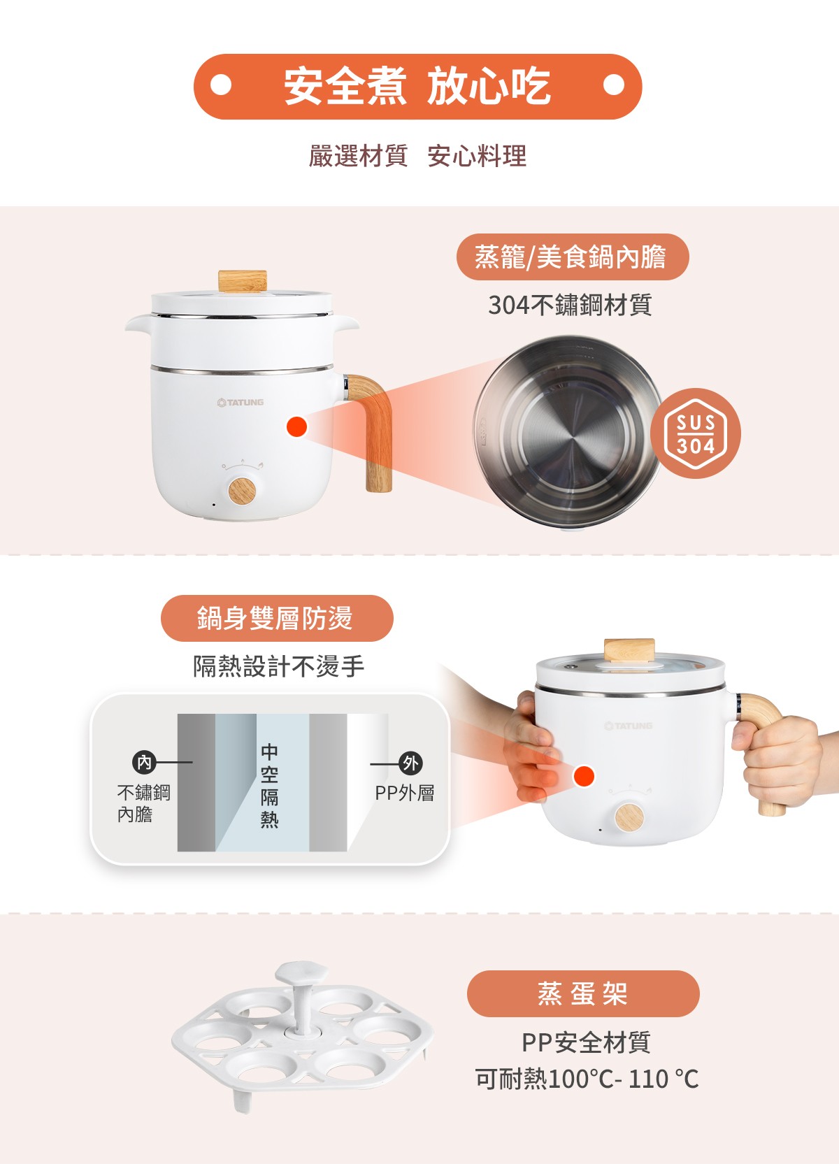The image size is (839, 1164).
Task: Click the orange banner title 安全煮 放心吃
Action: pos(417,86)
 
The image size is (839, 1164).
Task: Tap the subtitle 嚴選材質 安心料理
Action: pos(417,156)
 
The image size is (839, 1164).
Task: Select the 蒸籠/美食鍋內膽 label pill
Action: pos(573,257)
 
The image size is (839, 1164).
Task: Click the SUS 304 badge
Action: pos(696,433)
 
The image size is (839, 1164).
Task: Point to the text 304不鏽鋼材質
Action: pos(570,305)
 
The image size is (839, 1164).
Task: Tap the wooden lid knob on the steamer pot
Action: pos(242,281)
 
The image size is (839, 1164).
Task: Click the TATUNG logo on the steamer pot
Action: pos(240,402)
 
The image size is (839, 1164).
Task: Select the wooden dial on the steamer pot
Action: pos(242,491)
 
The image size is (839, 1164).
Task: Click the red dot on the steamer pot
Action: pos(297,426)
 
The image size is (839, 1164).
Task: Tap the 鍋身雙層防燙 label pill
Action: pos(277,619)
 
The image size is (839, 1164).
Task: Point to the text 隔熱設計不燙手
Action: pos(279,666)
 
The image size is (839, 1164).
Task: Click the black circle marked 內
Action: pos(144,762)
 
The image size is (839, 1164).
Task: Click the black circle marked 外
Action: pos(410,763)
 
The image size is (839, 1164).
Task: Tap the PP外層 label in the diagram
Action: pos(404,793)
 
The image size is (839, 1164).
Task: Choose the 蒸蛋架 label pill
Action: pos(583,993)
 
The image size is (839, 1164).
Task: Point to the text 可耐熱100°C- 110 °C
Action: pos(587,1079)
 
